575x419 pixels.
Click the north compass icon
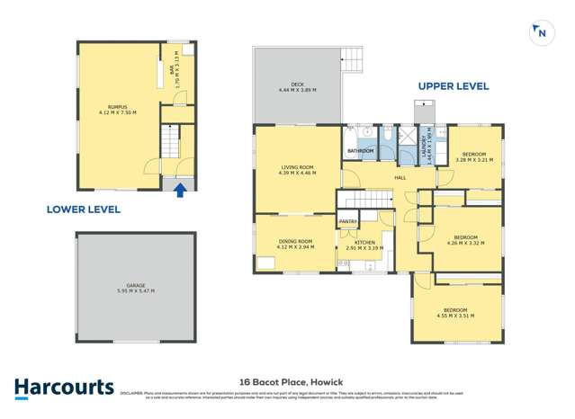click(x=541, y=32)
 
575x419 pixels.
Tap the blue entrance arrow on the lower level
click(x=181, y=189)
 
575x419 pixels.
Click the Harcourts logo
click(x=64, y=388)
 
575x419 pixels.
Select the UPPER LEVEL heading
click(x=453, y=86)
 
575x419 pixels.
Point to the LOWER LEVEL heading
click(x=83, y=209)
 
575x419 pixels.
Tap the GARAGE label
click(x=135, y=285)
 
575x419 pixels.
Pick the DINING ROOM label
click(x=295, y=241)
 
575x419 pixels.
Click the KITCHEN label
click(x=364, y=243)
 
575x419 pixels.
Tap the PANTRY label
click(x=347, y=221)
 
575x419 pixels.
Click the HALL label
click(x=400, y=177)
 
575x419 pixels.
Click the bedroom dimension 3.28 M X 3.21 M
click(x=473, y=160)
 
